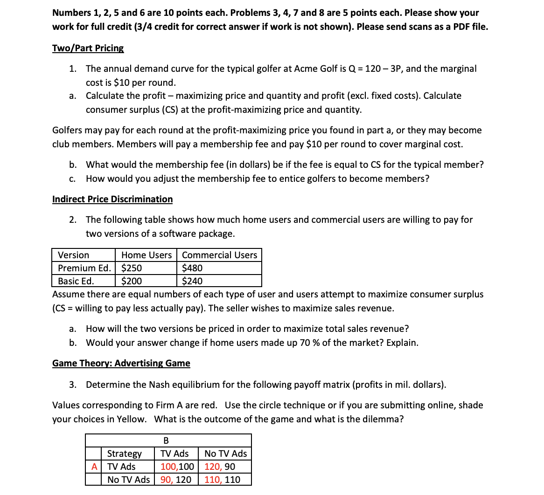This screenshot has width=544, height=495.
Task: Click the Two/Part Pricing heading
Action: click(x=88, y=48)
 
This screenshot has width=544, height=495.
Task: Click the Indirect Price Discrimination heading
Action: click(x=112, y=199)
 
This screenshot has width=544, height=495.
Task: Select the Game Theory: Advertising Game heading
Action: click(x=121, y=363)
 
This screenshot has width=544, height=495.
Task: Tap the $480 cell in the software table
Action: click(x=192, y=268)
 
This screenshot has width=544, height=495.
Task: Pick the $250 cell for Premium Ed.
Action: click(x=132, y=268)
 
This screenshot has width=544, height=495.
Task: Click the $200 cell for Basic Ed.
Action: click(x=132, y=281)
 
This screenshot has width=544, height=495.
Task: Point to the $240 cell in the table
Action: click(x=192, y=281)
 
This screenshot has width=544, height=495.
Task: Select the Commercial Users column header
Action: click(x=219, y=255)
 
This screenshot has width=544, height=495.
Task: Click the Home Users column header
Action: click(x=146, y=255)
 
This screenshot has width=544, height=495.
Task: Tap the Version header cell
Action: click(x=73, y=255)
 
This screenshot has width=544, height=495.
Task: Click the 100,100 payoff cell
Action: click(x=177, y=467)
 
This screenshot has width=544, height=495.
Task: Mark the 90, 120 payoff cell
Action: click(x=175, y=480)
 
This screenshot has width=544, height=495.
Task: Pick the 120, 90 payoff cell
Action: click(x=220, y=467)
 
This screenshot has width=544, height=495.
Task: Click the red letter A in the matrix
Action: click(x=94, y=467)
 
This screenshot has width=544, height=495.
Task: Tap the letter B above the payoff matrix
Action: click(x=166, y=440)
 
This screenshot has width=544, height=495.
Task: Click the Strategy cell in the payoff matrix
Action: click(x=124, y=454)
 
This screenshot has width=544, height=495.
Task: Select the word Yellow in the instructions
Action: click(x=131, y=419)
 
